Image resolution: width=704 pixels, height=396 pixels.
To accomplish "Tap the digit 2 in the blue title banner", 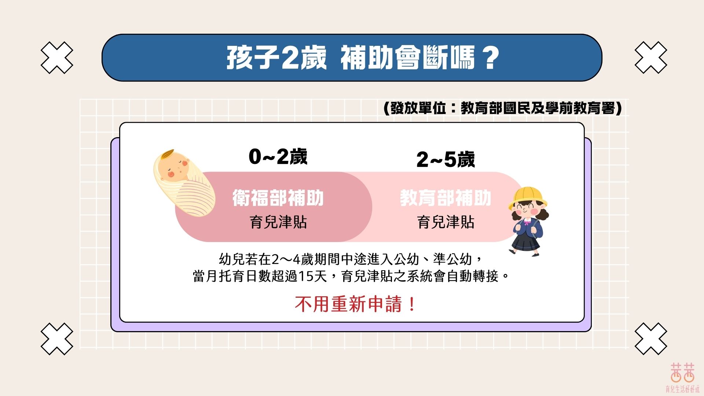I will pos(290,58).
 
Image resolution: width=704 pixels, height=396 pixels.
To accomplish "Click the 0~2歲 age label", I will pos(278,157).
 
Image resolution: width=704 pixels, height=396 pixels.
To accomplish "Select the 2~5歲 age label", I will pos(445,160).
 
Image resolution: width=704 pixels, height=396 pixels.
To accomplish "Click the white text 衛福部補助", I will pos(278,198).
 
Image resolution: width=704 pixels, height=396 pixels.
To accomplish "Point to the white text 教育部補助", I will pos(445,198).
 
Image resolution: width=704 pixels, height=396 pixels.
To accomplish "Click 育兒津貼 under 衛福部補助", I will pos(278,222).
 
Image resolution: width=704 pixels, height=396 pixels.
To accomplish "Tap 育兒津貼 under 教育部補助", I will pos(445,222).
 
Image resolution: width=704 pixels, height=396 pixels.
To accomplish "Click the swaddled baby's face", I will pos(172,169).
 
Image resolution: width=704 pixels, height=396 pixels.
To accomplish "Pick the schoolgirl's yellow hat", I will pos(527,196).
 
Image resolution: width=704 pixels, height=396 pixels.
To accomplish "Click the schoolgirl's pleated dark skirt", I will pos(526,242).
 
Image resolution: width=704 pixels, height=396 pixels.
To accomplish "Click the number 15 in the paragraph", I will pos(306,276).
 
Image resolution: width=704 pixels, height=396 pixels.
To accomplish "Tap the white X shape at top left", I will pos(57,58).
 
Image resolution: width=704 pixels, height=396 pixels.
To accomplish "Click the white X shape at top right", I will pos(651,58).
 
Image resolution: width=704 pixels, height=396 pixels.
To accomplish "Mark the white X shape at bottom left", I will pos(57,339).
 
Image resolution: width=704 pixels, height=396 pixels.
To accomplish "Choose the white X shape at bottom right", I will pos(651,339).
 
